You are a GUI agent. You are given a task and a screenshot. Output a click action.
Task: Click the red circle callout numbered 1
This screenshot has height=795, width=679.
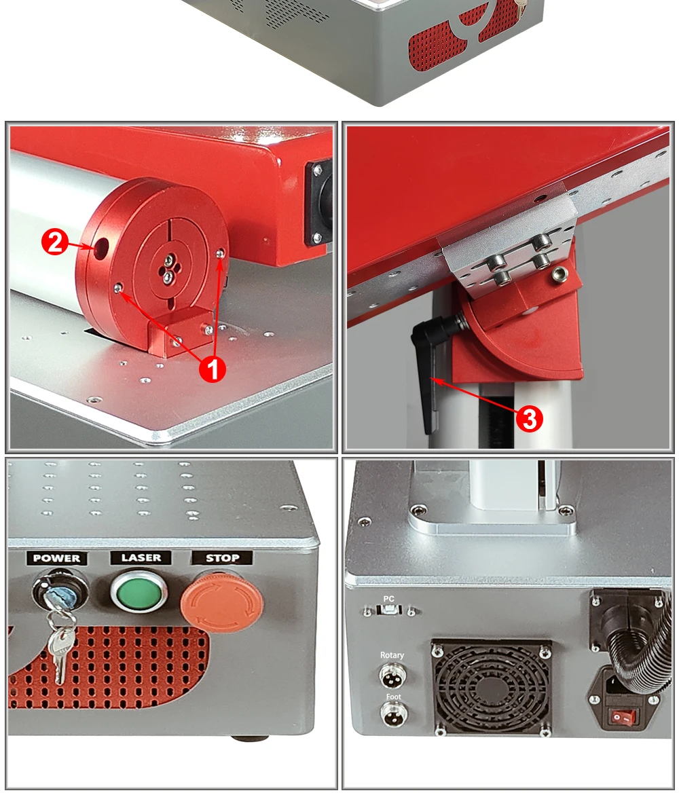(x=213, y=369)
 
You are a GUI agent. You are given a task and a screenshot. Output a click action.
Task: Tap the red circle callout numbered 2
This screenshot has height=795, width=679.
(x=55, y=242)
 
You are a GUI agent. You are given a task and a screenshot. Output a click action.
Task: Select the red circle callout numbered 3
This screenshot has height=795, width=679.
(x=530, y=419)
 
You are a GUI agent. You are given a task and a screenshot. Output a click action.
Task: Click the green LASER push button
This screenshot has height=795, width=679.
(x=139, y=591)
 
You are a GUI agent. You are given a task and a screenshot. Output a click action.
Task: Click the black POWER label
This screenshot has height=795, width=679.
(x=56, y=559)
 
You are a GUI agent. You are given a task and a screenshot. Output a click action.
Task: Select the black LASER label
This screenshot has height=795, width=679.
(x=141, y=557)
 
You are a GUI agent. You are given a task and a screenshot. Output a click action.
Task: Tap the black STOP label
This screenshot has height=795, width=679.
(x=222, y=558)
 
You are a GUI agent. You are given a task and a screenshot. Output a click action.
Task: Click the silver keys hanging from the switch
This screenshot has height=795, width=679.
(x=60, y=642)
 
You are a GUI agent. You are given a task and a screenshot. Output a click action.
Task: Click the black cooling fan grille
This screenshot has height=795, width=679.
(x=491, y=688)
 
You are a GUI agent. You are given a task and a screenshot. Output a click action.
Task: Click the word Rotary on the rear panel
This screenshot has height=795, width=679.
(x=392, y=655)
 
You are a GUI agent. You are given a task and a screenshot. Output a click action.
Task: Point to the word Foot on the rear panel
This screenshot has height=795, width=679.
(x=393, y=697)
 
